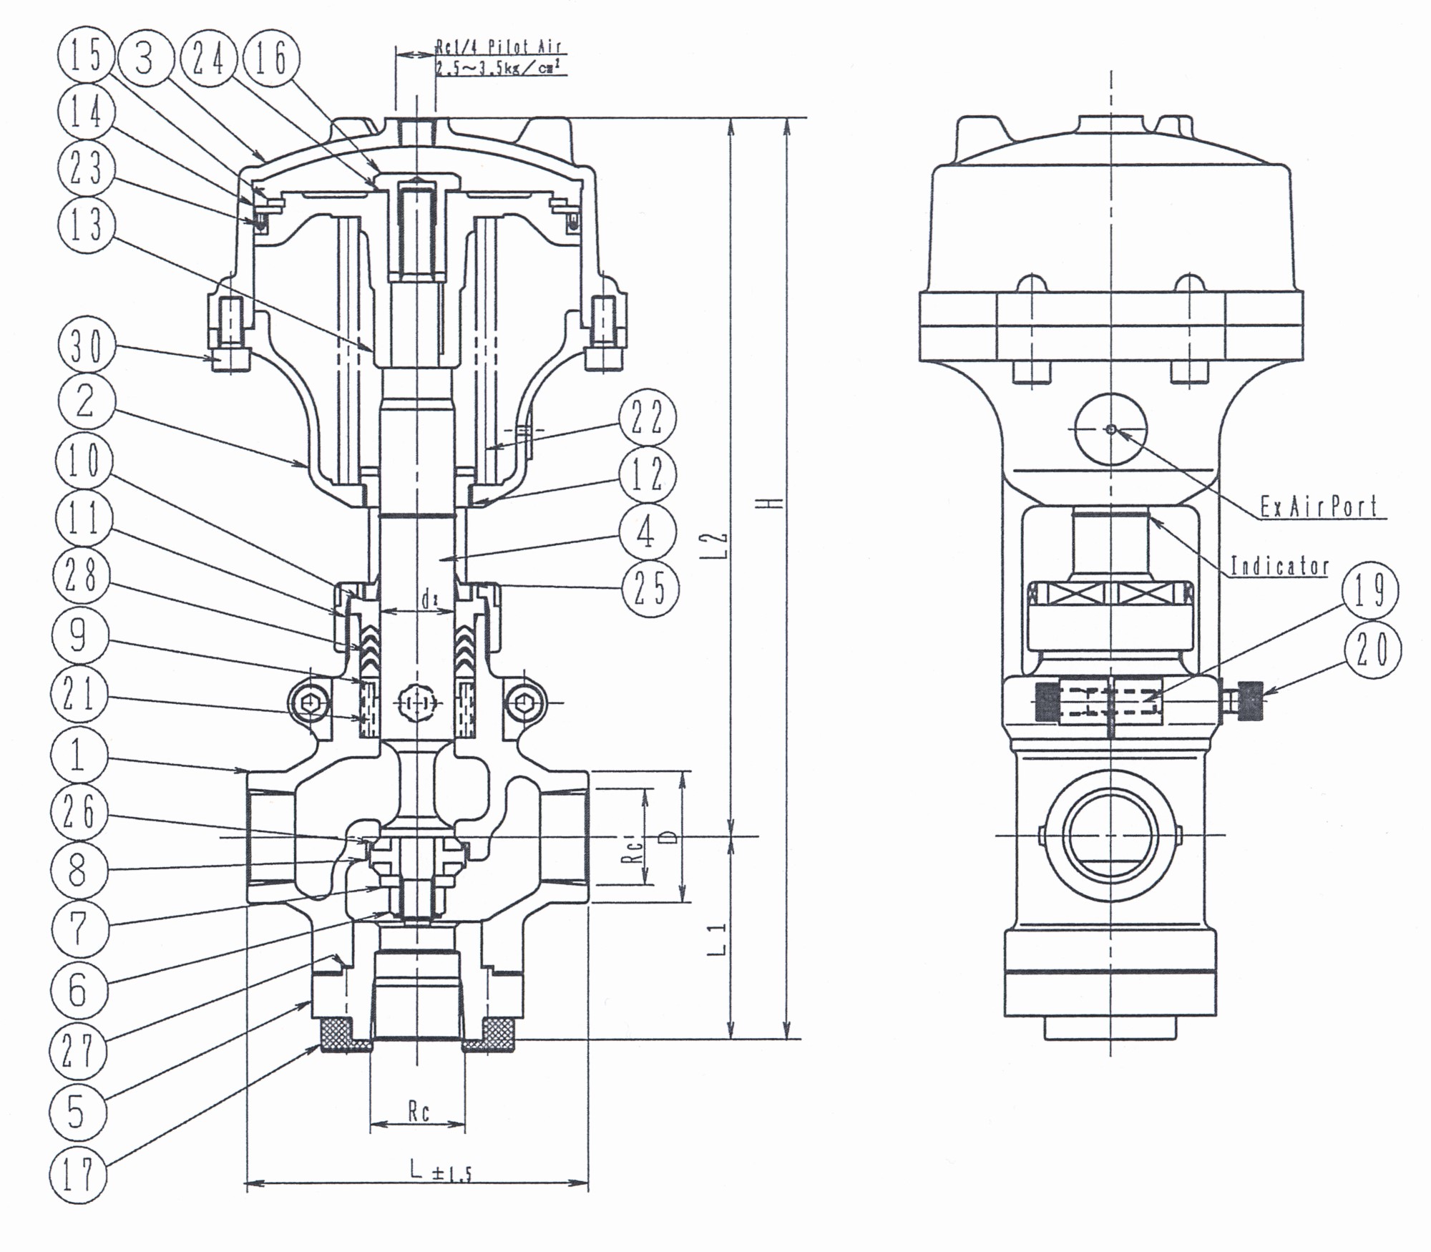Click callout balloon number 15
86,56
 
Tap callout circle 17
78,1175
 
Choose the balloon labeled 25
649,589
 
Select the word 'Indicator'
1279,567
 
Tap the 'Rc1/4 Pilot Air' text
499,48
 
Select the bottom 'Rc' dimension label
419,1112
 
